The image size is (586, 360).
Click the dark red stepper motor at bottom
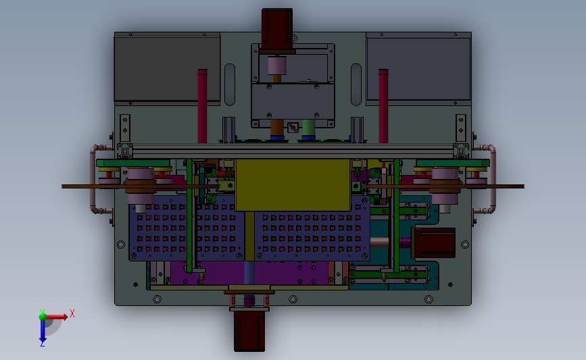249,331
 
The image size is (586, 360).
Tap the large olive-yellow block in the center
293,185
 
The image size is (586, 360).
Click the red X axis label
72,313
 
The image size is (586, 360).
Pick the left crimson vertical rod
202,106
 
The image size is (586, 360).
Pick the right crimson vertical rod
383,106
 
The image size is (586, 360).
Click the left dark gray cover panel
167,68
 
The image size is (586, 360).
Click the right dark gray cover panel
418,68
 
